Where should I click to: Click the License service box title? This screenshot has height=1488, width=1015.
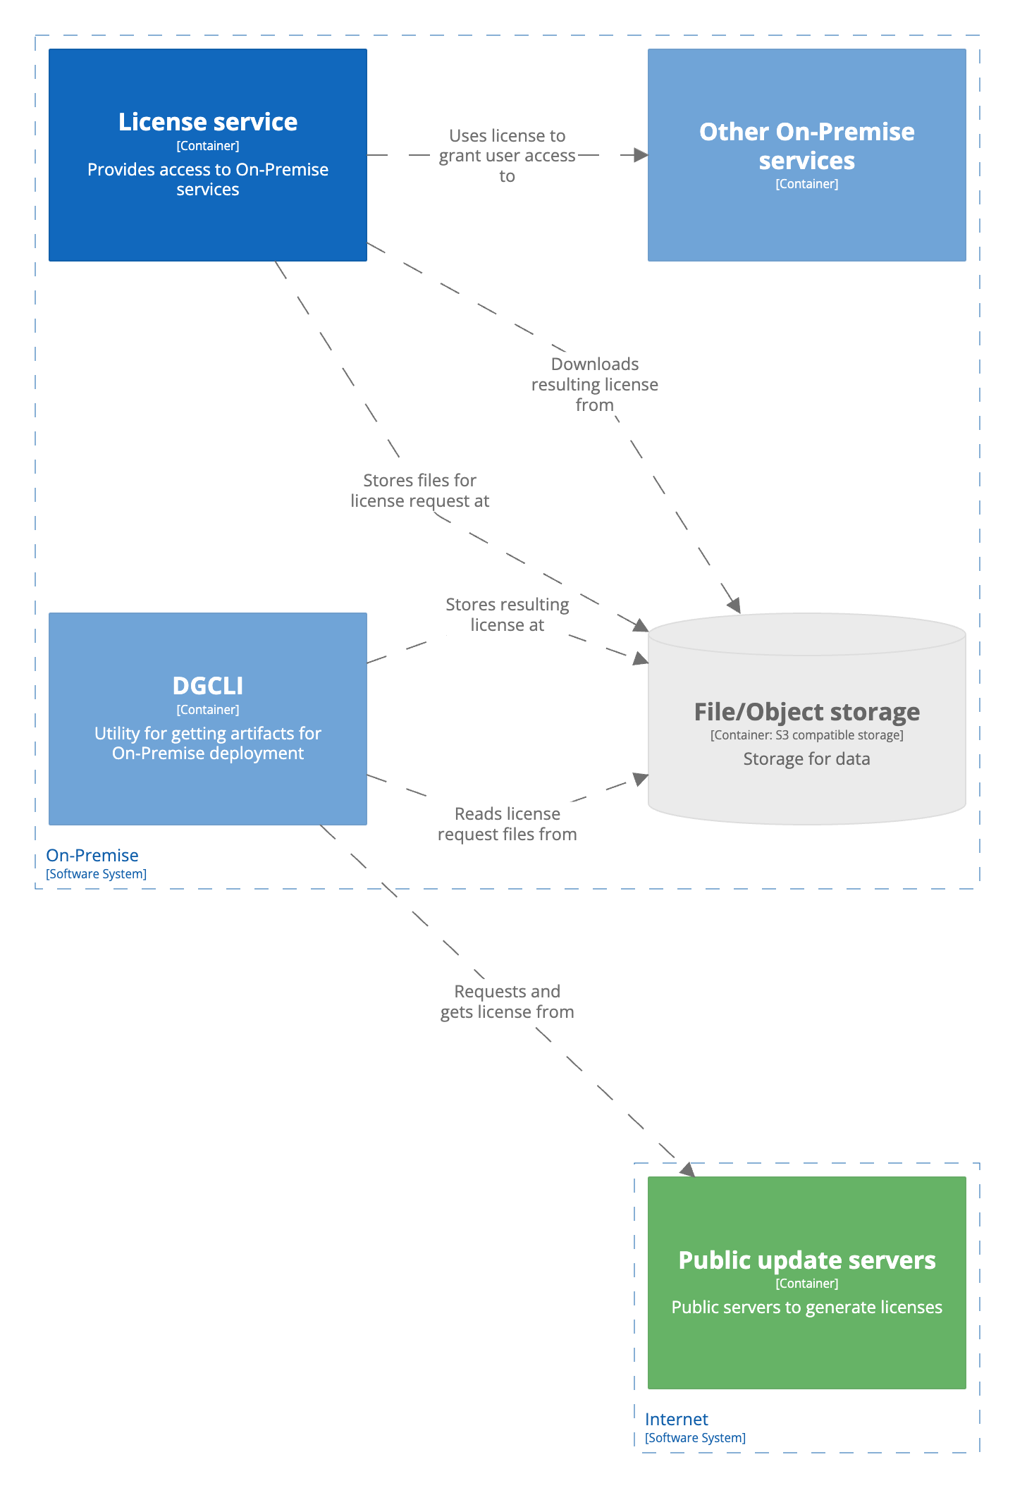[207, 122]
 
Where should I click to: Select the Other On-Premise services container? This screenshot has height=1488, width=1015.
[806, 154]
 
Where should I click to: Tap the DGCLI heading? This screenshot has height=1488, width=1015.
[207, 685]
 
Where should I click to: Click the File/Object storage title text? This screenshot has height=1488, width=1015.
[806, 711]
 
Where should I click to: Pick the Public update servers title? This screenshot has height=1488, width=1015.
[806, 1260]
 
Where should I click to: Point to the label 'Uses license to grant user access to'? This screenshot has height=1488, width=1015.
[507, 155]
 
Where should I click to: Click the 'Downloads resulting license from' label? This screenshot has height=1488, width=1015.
[594, 384]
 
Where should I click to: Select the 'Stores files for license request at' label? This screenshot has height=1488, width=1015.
[419, 491]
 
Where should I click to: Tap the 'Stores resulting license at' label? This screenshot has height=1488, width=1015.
[507, 615]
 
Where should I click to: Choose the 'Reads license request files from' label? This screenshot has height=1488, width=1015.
[507, 824]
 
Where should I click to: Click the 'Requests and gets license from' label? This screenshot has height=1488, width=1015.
[507, 1002]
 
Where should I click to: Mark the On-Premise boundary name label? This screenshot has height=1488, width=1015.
[92, 855]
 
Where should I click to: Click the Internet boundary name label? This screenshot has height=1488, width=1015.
[676, 1419]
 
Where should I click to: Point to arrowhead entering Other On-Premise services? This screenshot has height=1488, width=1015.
[641, 155]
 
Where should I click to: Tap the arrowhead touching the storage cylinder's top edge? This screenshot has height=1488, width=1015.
[734, 605]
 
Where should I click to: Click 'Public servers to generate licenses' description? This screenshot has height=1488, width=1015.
[806, 1307]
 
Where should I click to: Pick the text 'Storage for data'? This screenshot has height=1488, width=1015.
[806, 759]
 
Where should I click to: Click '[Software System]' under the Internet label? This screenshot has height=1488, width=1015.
[695, 1438]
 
